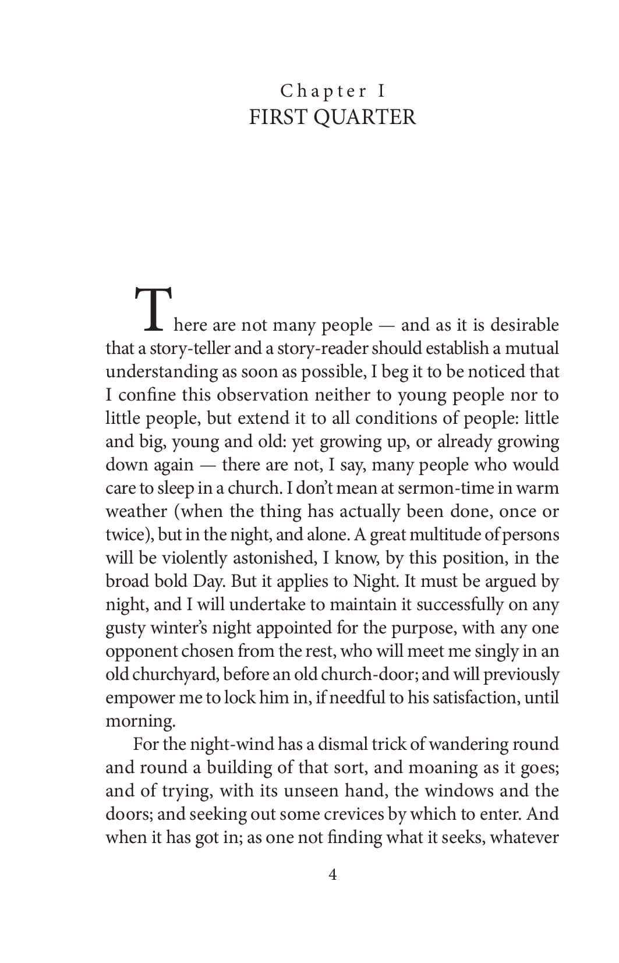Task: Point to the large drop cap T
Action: click(153, 309)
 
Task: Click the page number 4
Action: click(333, 874)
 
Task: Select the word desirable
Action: click(524, 325)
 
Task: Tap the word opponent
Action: click(141, 651)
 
